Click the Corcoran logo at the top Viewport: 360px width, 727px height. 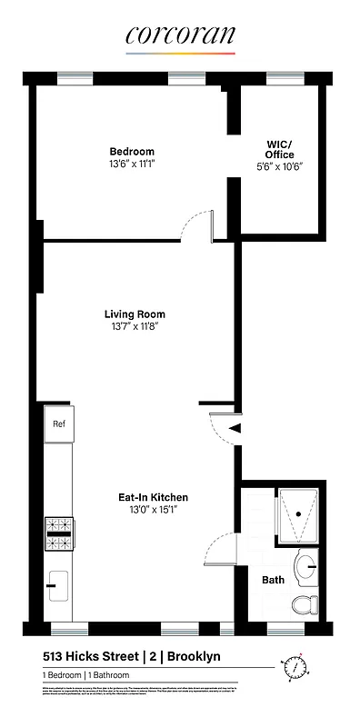(180, 35)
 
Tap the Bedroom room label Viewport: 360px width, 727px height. (132, 152)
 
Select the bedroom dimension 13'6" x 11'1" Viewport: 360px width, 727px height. (132, 164)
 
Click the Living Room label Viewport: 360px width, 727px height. (135, 314)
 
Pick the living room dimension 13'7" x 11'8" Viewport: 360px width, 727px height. (135, 327)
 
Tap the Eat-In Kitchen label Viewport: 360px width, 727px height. (153, 497)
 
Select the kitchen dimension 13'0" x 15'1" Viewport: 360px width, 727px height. (153, 510)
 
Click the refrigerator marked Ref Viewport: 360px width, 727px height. (59, 423)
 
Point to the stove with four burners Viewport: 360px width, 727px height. (59, 534)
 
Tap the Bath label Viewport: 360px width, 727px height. (273, 579)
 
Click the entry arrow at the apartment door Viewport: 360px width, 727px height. (234, 426)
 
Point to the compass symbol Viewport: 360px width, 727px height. (295, 668)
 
